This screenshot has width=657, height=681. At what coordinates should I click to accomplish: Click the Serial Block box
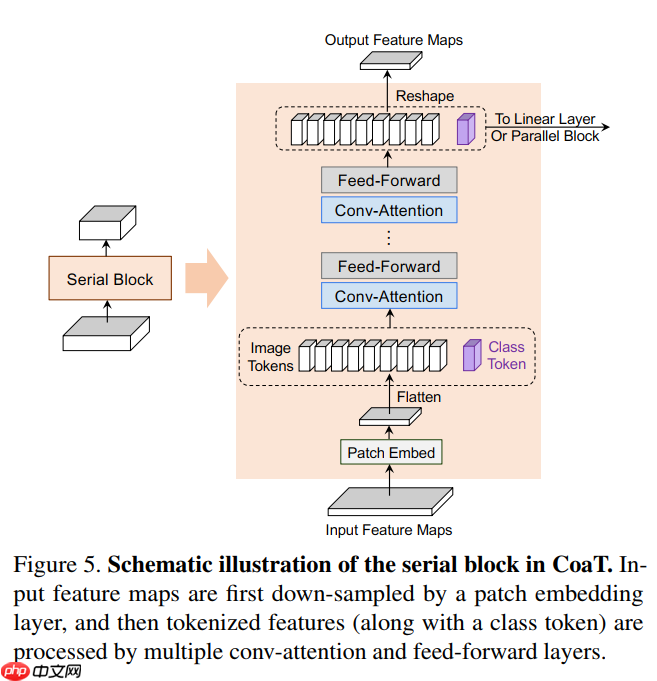[x=110, y=279]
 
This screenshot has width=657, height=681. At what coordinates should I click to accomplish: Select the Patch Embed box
[x=391, y=453]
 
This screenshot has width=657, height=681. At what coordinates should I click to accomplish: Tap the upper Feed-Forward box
[x=389, y=180]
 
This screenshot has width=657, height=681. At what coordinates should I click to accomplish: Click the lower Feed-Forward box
[x=389, y=266]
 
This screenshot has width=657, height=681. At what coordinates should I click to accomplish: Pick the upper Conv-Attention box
[x=389, y=210]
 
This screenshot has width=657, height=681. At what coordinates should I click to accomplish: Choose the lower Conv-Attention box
[x=389, y=296]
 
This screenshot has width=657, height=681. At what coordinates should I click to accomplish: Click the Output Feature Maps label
[x=394, y=40]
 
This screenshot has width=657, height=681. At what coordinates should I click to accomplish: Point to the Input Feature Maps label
[x=389, y=530]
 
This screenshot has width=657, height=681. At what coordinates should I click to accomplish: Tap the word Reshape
[x=425, y=96]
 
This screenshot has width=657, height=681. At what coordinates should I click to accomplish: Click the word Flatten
[x=419, y=397]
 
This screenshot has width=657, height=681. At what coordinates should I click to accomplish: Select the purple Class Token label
[x=506, y=356]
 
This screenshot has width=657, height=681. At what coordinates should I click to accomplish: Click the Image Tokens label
[x=271, y=357]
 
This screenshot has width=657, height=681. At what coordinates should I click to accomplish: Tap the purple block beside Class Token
[x=470, y=356]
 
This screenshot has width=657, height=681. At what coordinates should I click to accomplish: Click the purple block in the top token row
[x=464, y=129]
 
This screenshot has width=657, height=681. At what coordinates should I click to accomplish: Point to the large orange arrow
[x=205, y=279]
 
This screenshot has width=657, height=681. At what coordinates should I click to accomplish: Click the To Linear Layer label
[x=545, y=120]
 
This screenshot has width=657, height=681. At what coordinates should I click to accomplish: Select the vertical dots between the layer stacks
[x=389, y=238]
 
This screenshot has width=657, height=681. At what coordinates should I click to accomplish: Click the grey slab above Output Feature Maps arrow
[x=389, y=61]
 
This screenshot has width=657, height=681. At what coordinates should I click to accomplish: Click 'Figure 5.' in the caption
[x=56, y=564]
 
